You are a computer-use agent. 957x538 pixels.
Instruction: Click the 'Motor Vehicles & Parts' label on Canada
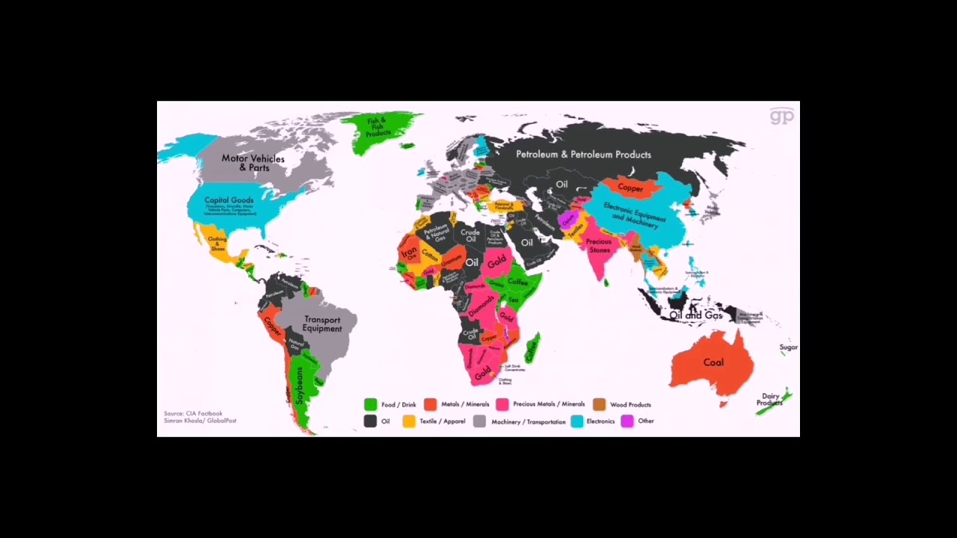pyautogui.click(x=253, y=163)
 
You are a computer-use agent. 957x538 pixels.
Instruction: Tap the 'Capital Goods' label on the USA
pyautogui.click(x=229, y=200)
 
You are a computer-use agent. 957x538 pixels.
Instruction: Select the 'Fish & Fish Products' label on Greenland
pyautogui.click(x=378, y=127)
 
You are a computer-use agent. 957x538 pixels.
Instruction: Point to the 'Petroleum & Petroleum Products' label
pyautogui.click(x=583, y=155)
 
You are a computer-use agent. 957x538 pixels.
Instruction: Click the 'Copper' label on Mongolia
pyautogui.click(x=630, y=188)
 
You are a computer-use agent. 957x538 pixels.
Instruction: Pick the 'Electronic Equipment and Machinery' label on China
pyautogui.click(x=634, y=212)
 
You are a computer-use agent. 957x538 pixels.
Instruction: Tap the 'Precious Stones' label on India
pyautogui.click(x=598, y=246)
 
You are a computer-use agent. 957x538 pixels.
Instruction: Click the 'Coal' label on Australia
pyautogui.click(x=713, y=362)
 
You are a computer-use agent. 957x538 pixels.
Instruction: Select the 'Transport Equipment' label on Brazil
pyautogui.click(x=322, y=324)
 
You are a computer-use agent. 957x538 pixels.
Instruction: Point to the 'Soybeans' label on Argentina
pyautogui.click(x=300, y=385)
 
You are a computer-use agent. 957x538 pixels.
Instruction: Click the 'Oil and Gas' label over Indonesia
pyautogui.click(x=695, y=315)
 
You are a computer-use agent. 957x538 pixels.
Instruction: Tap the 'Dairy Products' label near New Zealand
pyautogui.click(x=769, y=400)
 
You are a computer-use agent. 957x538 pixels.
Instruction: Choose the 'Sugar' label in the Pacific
pyautogui.click(x=788, y=347)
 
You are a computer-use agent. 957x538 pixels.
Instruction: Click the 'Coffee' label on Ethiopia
pyautogui.click(x=517, y=282)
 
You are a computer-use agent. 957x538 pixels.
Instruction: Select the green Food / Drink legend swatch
pyautogui.click(x=370, y=404)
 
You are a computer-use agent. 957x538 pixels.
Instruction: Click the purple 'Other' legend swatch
pyautogui.click(x=627, y=421)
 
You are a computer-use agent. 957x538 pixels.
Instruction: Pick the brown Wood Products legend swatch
pyautogui.click(x=599, y=404)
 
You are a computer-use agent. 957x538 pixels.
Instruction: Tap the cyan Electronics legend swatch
pyautogui.click(x=576, y=421)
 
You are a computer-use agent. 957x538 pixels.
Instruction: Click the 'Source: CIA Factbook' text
pyautogui.click(x=193, y=413)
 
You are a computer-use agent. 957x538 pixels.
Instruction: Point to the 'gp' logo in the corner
pyautogui.click(x=781, y=116)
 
